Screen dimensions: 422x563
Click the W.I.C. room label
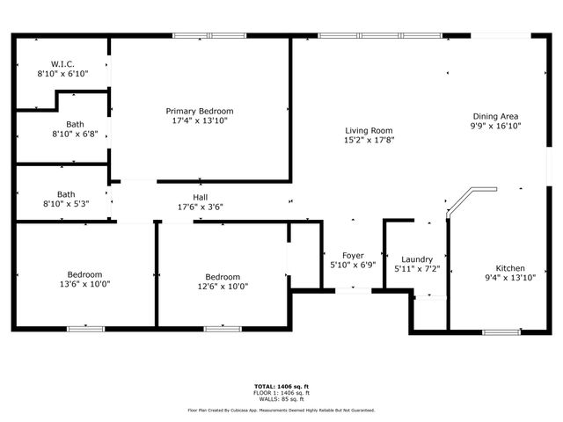click(x=62, y=64)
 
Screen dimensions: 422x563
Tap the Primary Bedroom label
click(x=200, y=112)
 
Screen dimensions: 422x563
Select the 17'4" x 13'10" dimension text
click(x=200, y=122)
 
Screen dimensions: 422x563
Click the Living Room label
click(x=368, y=130)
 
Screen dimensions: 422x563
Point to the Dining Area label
click(x=496, y=116)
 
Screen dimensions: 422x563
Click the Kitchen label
click(x=510, y=269)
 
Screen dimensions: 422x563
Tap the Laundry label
click(x=416, y=259)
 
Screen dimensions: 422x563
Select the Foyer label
click(x=352, y=254)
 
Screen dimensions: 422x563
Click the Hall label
click(x=201, y=197)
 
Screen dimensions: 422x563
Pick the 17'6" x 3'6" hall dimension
click(x=201, y=207)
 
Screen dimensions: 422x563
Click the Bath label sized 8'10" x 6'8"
click(x=75, y=125)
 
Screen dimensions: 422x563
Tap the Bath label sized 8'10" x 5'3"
click(x=66, y=194)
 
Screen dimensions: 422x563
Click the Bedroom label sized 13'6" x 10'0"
click(x=85, y=274)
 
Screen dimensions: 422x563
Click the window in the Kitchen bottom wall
click(x=501, y=331)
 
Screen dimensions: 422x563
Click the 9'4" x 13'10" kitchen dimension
click(x=510, y=280)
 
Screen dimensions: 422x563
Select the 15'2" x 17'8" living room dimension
click(x=368, y=140)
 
